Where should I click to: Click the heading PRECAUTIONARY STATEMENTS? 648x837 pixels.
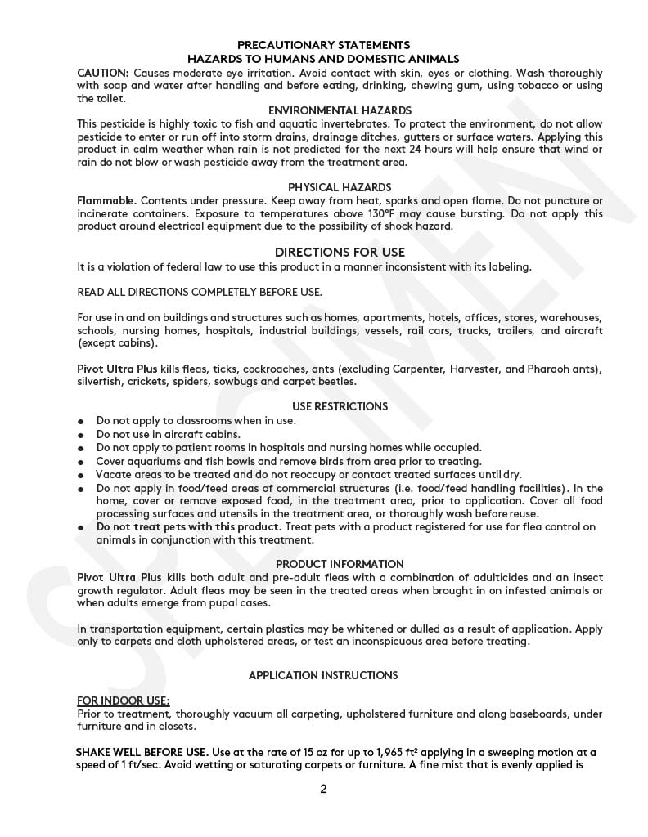click(323, 45)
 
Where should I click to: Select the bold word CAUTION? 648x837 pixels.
click(102, 73)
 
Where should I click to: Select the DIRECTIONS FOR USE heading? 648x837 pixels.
click(340, 253)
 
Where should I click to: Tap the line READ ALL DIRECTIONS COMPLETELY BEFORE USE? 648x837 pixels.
click(200, 292)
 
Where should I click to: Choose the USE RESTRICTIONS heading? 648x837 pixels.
click(340, 406)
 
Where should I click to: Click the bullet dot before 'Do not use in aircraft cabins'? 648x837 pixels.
click(81, 436)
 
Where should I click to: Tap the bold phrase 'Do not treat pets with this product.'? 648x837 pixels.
click(189, 526)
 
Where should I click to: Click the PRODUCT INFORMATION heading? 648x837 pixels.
click(340, 564)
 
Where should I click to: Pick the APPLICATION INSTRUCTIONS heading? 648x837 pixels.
click(323, 675)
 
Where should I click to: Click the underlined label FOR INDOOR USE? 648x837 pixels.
click(124, 700)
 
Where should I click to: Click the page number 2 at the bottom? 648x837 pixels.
click(323, 789)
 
